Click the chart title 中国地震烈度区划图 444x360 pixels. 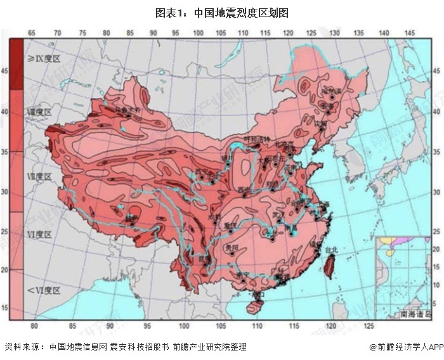pos(222,12)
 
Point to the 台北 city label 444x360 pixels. pos(331,250)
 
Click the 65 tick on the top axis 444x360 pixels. pos(31,32)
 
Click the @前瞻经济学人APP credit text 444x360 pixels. pos(404,347)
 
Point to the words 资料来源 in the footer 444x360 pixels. pos(22,347)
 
